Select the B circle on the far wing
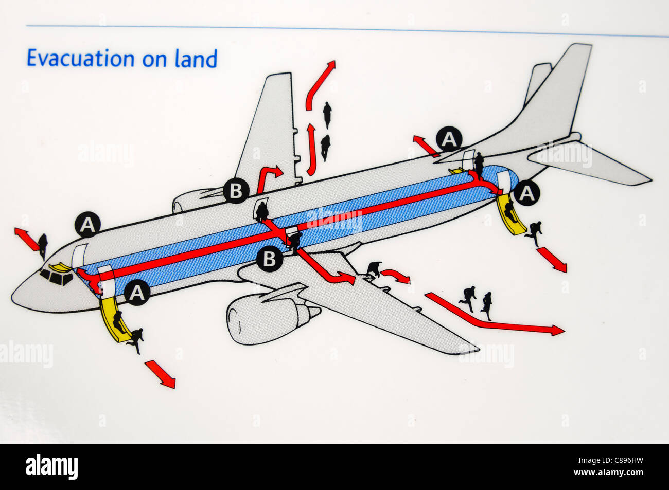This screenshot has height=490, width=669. [236, 191]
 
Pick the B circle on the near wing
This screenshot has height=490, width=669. [269, 259]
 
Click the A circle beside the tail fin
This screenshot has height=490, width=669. [449, 139]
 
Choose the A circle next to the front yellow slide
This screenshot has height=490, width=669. [137, 293]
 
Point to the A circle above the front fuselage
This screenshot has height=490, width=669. [88, 225]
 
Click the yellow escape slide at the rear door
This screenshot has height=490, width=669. [510, 216]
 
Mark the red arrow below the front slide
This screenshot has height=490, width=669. [160, 374]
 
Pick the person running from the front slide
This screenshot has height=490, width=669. [136, 339]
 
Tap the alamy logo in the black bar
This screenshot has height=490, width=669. [51, 467]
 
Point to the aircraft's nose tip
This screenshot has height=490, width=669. [13, 297]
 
